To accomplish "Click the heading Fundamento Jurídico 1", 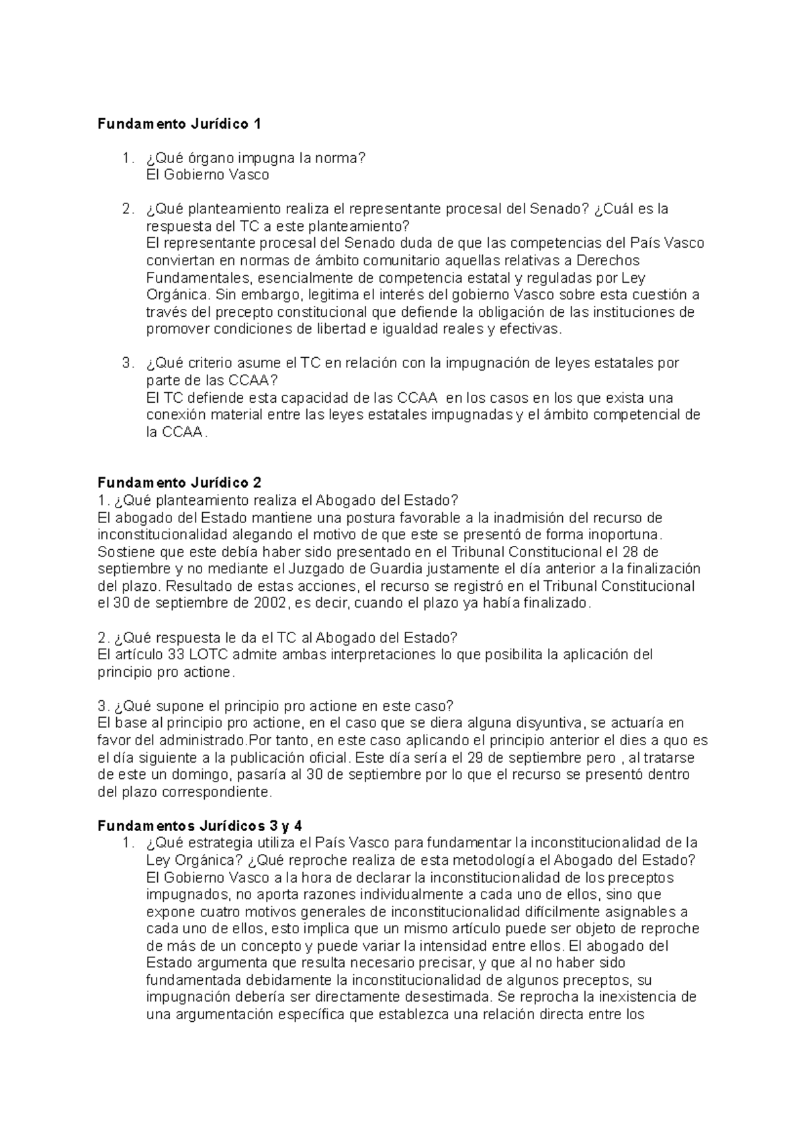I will (x=179, y=124).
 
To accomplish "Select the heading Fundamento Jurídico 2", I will (x=179, y=483).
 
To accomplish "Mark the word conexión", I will (x=177, y=415).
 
